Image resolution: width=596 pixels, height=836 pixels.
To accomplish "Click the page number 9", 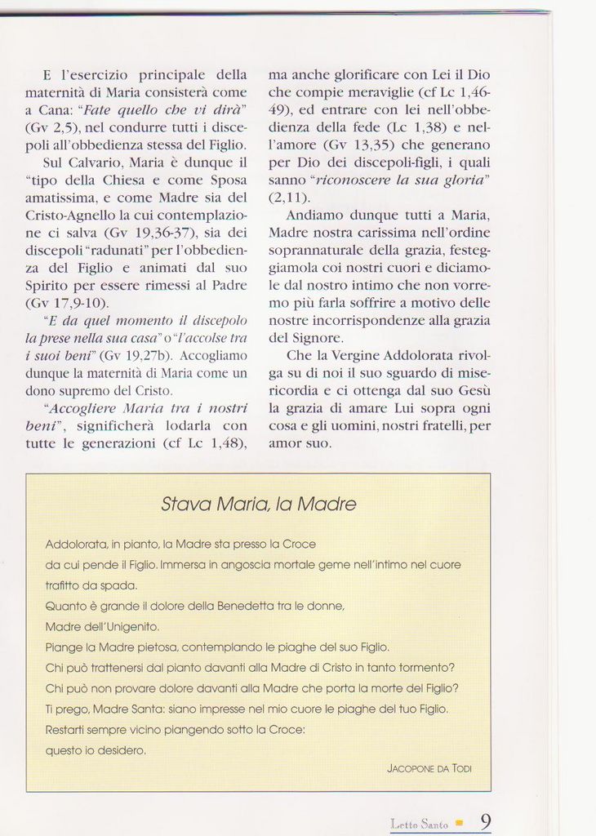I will click(x=485, y=821).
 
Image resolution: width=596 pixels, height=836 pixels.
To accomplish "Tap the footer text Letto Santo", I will click(x=420, y=825).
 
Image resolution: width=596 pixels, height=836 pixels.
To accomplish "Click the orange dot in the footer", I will click(x=460, y=823).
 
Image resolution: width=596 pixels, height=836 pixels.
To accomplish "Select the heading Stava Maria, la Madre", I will click(x=258, y=505).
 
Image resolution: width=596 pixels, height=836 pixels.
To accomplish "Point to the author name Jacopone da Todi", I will click(x=429, y=768).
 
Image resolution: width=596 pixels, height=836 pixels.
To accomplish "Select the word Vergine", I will click(x=354, y=355).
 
